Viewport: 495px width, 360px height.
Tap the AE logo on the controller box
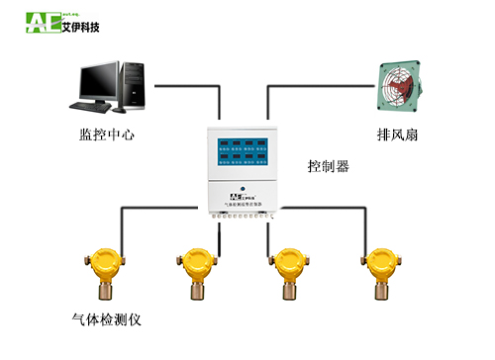click(239, 196)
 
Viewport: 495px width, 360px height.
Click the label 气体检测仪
click(109, 319)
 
